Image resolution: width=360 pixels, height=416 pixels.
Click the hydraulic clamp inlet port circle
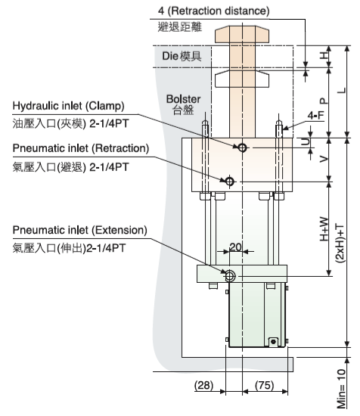242,147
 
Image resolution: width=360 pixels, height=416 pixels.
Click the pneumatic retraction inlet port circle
230,182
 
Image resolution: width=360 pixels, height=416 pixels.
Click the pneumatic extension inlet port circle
230,276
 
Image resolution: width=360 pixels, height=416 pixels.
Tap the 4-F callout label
315,116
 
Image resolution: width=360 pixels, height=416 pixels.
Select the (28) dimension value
203,385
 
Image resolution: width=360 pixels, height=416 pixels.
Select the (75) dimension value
264,385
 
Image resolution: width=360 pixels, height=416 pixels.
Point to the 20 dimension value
235,247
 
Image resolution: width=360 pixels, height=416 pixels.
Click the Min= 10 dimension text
341,389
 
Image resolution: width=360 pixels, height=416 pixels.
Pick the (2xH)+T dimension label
340,244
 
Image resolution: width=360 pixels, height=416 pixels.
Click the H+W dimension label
324,229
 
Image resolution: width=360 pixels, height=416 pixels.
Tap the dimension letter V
324,159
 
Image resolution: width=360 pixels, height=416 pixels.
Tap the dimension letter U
306,142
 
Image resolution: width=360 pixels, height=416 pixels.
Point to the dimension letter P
324,101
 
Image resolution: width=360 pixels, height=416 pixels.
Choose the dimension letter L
342,91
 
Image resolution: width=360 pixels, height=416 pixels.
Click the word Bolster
183,99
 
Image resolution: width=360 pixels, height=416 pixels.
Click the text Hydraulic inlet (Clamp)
68,106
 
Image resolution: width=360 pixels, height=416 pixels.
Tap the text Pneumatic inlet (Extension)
80,230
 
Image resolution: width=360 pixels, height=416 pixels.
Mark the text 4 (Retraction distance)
214,11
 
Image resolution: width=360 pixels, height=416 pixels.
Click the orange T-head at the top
242,34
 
